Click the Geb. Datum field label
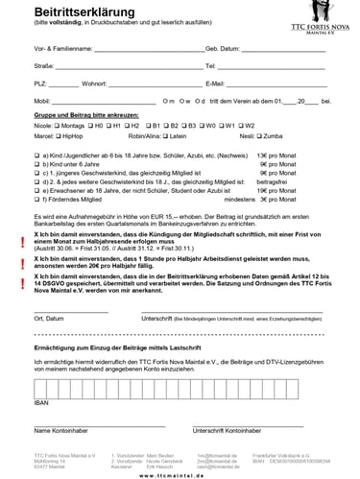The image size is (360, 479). click(223, 46)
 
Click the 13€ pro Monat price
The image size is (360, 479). click(277, 154)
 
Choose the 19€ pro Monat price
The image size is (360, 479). click(276, 192)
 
